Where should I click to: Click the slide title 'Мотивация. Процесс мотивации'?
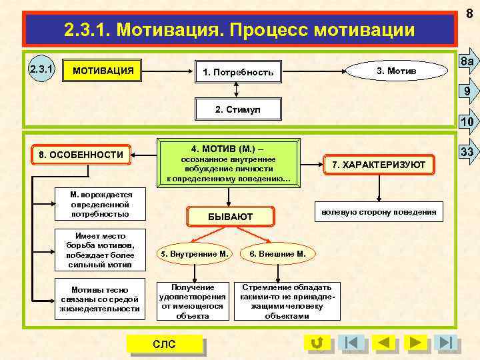[x=239, y=30]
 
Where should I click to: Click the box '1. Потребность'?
[x=238, y=72]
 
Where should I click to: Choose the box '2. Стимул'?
[x=238, y=109]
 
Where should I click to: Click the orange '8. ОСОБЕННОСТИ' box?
[x=81, y=155]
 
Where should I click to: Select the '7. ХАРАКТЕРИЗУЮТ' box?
[x=379, y=164]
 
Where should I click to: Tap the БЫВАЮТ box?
[x=231, y=216]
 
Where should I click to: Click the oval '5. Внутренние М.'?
[x=193, y=253]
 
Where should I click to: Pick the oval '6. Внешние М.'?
[x=277, y=253]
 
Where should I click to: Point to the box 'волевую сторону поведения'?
[x=378, y=212]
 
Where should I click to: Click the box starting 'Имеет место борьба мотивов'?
[x=100, y=250]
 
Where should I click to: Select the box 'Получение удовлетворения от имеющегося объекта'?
[x=193, y=301]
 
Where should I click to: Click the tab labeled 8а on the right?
[x=467, y=61]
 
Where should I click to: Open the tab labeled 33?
[x=467, y=151]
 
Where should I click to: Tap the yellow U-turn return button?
[x=317, y=343]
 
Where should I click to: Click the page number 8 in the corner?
[x=469, y=10]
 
